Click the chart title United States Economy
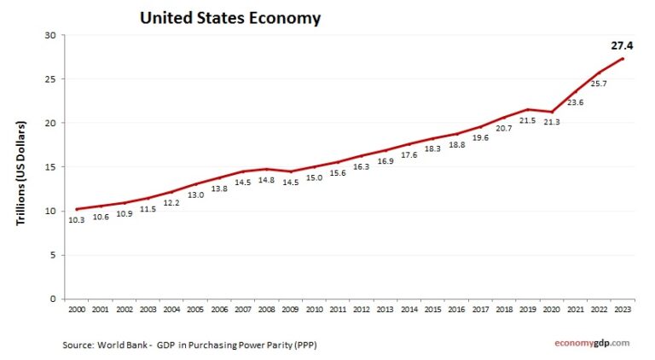click(229, 17)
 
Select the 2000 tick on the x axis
click(76, 309)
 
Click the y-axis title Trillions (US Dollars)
click(22, 173)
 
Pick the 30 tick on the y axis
click(49, 36)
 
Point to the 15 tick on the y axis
click(49, 167)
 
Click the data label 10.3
click(76, 220)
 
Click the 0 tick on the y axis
click(52, 299)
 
